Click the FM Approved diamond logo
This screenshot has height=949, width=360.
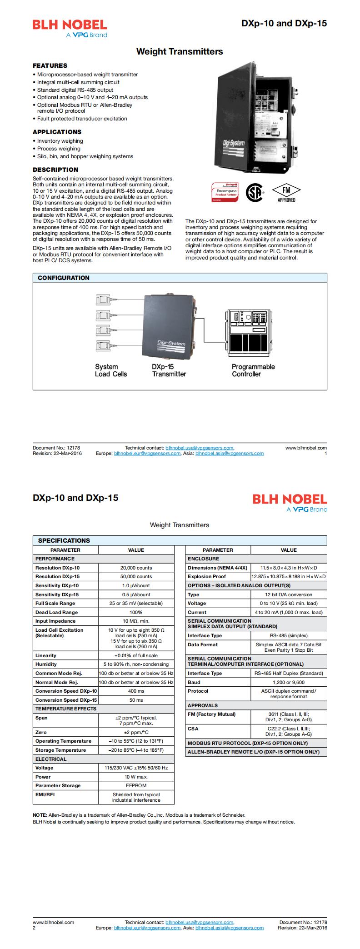pyautogui.click(x=286, y=193)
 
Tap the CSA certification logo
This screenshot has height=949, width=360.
pyautogui.click(x=255, y=193)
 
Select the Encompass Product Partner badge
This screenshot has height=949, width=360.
pyautogui.click(x=224, y=192)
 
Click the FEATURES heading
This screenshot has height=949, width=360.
pyautogui.click(x=50, y=65)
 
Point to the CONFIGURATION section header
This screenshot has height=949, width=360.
pyautogui.click(x=64, y=278)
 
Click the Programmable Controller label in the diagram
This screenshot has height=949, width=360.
pyautogui.click(x=253, y=370)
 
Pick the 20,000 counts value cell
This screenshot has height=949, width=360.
pyautogui.click(x=136, y=568)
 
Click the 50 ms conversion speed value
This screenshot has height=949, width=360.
pyautogui.click(x=136, y=700)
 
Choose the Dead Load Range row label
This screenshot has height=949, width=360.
pyautogui.click(x=56, y=612)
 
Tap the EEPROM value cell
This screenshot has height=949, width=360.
pyautogui.click(x=136, y=785)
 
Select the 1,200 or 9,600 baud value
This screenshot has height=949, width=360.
pyautogui.click(x=289, y=682)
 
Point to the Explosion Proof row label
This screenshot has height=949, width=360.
pyautogui.click(x=207, y=576)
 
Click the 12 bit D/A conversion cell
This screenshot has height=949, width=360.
pyautogui.click(x=289, y=594)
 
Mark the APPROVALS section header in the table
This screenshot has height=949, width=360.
pyautogui.click(x=203, y=705)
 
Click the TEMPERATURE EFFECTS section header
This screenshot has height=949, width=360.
pyautogui.click(x=66, y=709)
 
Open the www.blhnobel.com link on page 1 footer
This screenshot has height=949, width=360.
pyautogui.click(x=306, y=448)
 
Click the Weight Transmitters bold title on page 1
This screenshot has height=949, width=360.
pyautogui.click(x=180, y=52)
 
